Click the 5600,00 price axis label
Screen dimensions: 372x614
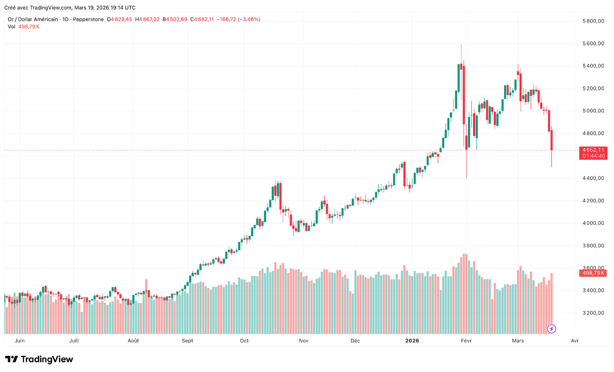tap(593, 44)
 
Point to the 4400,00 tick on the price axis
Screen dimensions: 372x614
tap(593, 178)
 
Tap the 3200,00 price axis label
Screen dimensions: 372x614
tap(593, 313)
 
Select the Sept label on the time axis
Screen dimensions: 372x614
tap(188, 341)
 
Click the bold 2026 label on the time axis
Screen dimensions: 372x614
tap(412, 341)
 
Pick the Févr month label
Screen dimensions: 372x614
tap(466, 341)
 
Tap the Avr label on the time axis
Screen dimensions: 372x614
tap(574, 341)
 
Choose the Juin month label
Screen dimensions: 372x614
tap(20, 341)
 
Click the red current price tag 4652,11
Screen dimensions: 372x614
tap(593, 150)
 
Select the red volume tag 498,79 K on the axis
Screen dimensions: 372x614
tap(593, 273)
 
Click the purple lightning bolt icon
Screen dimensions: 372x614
tap(551, 329)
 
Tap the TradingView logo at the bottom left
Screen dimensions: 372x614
tap(39, 359)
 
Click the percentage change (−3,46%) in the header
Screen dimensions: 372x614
tap(249, 19)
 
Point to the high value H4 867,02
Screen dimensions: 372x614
tap(147, 19)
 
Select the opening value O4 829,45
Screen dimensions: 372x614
tap(119, 19)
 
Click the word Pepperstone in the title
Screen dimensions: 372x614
tap(88, 19)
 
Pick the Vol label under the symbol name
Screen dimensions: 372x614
tap(12, 27)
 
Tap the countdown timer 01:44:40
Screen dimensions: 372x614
tap(593, 156)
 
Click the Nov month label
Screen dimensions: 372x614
tap(304, 341)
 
